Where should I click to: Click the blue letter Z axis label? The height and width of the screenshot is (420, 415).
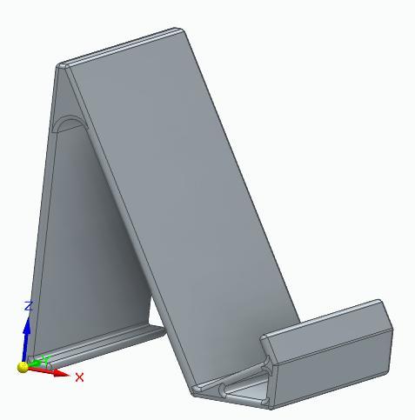click(29, 306)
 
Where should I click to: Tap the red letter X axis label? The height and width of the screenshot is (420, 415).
click(79, 377)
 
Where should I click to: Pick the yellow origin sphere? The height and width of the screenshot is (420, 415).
click(23, 367)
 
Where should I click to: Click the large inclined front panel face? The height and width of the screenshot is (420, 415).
click(183, 200)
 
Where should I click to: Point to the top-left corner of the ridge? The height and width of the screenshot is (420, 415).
click(60, 65)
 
